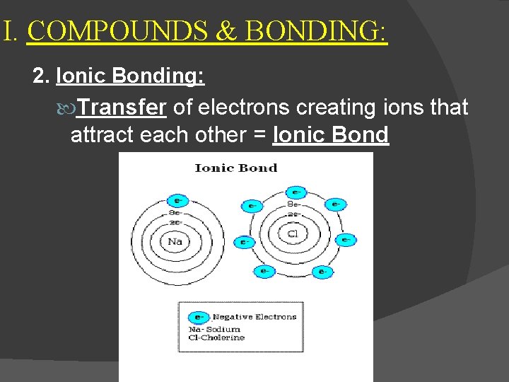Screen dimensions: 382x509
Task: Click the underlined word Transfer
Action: (122, 108)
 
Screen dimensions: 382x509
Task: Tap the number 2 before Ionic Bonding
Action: (39, 76)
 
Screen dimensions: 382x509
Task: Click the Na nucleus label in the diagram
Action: (175, 241)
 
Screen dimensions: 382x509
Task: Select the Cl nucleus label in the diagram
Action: (292, 233)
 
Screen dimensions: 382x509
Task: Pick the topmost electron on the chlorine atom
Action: (295, 192)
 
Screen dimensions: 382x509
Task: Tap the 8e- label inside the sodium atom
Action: (174, 212)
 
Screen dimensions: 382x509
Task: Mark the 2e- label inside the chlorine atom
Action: (294, 214)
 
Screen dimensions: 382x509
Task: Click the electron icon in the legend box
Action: (201, 317)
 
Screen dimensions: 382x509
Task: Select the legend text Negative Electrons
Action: (255, 317)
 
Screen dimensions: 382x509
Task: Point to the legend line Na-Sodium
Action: (214, 329)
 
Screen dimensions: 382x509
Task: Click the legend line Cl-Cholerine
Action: (216, 337)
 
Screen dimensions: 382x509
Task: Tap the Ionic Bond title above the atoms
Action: (235, 168)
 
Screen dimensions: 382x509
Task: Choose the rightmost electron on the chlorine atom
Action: (346, 240)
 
